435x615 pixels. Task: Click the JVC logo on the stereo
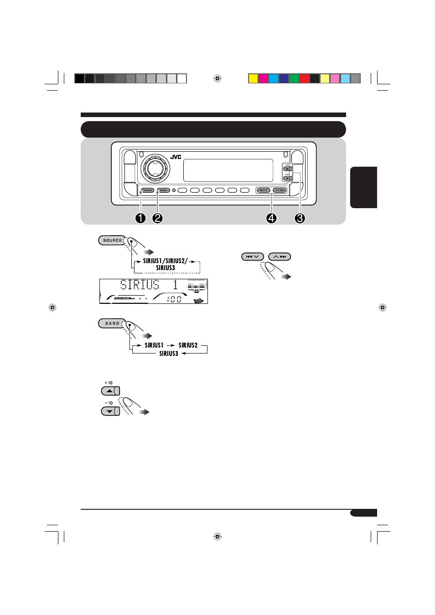tap(176, 157)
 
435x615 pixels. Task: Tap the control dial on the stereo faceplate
tap(155, 168)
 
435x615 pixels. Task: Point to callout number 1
tap(140, 218)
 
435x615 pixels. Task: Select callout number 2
tap(157, 218)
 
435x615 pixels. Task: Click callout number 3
tap(300, 218)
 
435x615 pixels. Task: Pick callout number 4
tap(271, 218)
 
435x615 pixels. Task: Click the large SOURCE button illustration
tap(112, 240)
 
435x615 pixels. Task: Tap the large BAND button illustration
tap(112, 323)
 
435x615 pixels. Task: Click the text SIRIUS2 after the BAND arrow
tap(188, 345)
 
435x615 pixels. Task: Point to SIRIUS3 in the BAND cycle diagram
tap(169, 354)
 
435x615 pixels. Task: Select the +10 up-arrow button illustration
tap(110, 391)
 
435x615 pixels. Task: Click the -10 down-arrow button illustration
tap(110, 411)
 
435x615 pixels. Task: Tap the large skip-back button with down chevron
tap(252, 256)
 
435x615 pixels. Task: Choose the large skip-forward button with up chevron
tap(280, 256)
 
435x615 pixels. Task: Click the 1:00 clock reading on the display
tap(174, 299)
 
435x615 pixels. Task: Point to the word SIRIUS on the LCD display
tap(140, 285)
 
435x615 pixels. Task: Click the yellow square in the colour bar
tap(253, 78)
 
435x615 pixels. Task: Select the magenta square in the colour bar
tap(263, 78)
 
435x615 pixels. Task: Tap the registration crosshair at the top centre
tap(217, 78)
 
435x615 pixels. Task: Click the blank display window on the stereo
tap(228, 170)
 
